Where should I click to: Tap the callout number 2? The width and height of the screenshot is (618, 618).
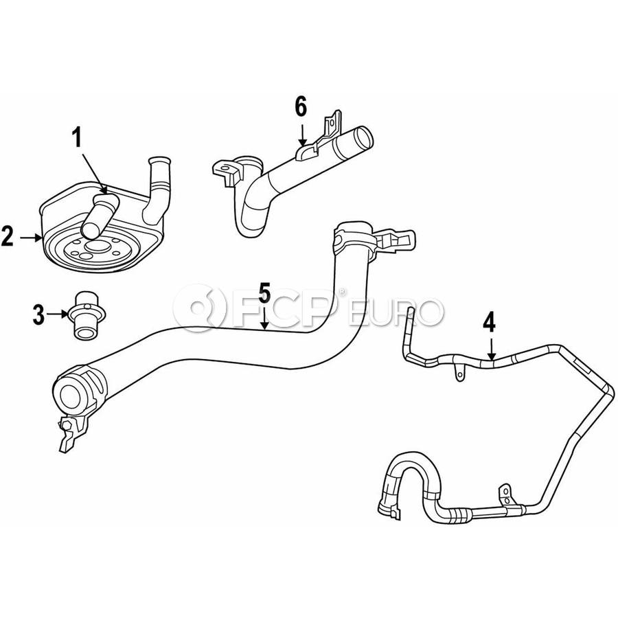click(x=7, y=236)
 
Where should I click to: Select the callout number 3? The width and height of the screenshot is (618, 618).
click(x=38, y=314)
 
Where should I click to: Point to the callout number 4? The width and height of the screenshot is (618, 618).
click(x=489, y=323)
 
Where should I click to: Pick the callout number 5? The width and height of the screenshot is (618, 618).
click(x=264, y=293)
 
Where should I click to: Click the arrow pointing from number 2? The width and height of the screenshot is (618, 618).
click(x=31, y=238)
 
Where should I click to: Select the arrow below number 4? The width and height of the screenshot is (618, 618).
click(x=491, y=349)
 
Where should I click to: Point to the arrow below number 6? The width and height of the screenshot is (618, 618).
click(x=302, y=135)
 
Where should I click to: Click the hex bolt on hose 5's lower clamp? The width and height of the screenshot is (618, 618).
click(x=66, y=425)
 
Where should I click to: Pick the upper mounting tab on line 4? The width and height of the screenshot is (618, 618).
click(x=459, y=371)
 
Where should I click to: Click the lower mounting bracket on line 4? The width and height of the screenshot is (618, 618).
click(x=506, y=495)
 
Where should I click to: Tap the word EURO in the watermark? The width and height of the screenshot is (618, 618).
click(x=396, y=312)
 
